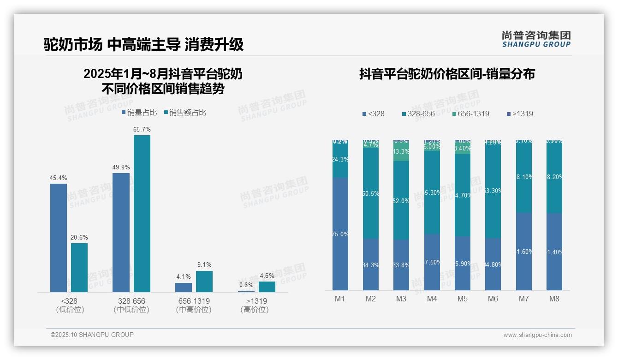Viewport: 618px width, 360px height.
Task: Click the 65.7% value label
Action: pos(142,130)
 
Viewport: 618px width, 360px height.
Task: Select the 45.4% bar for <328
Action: pos(59,238)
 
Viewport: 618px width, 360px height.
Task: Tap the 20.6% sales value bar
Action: pos(79,268)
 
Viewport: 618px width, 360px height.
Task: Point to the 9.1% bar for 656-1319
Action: pos(204,282)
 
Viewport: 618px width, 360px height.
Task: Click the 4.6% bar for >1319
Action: pos(267,287)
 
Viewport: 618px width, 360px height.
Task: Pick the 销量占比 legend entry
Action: pos(140,112)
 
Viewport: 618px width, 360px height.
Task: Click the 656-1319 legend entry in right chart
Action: pos(470,114)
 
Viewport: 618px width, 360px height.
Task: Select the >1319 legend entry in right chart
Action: pos(520,114)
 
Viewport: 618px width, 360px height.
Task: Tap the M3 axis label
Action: pos(401,299)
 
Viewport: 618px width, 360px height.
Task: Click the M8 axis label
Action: pos(554,299)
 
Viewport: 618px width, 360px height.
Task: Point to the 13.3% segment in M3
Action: pos(401,152)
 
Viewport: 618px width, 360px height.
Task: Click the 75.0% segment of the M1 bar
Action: pos(340,234)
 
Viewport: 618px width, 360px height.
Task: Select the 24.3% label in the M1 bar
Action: pos(340,159)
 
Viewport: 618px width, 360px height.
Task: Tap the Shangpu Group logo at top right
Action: pos(536,39)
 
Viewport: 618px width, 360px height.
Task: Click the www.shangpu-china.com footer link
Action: pos(537,335)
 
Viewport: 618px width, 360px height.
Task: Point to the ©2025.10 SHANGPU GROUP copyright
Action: pos(92,335)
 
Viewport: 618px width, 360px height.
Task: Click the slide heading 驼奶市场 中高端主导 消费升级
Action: pos(143,45)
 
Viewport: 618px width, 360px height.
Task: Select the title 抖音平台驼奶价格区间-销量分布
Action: pos(447,74)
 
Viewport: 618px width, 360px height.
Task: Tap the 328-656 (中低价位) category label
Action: pos(131,305)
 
